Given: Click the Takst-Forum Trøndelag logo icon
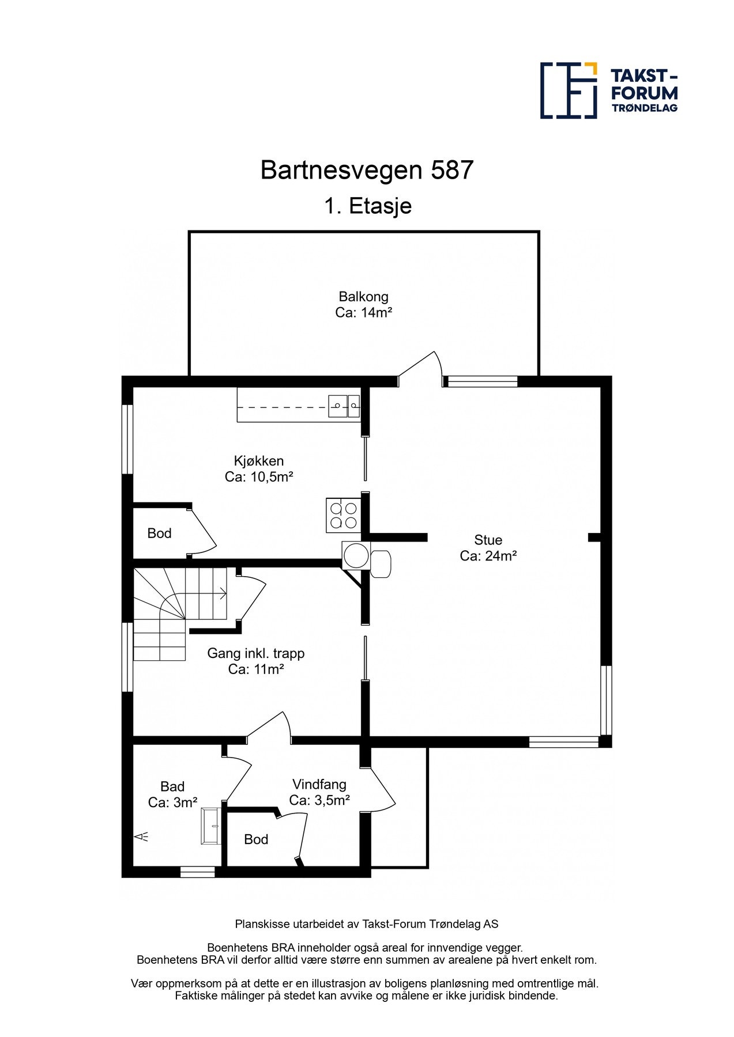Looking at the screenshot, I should [568, 90].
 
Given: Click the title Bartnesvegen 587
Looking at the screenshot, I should [367, 170].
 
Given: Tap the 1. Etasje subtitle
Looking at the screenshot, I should [367, 206].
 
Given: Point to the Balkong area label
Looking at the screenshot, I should [363, 297].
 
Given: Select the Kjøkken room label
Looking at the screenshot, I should [259, 461].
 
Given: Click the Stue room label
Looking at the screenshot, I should [488, 540].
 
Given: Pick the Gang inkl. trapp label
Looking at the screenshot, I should [255, 653].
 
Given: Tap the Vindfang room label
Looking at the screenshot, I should [319, 784].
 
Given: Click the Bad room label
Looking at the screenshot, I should [172, 786].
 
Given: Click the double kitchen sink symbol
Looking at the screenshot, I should [344, 406].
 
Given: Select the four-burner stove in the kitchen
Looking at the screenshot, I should [343, 515].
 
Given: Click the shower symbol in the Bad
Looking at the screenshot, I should [141, 837].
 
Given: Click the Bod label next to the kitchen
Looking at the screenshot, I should [159, 533].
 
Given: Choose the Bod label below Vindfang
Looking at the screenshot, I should [256, 839].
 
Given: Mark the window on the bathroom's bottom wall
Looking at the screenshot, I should [197, 872].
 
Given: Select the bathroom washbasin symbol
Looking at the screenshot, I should [211, 827].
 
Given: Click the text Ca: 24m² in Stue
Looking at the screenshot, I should [488, 556].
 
